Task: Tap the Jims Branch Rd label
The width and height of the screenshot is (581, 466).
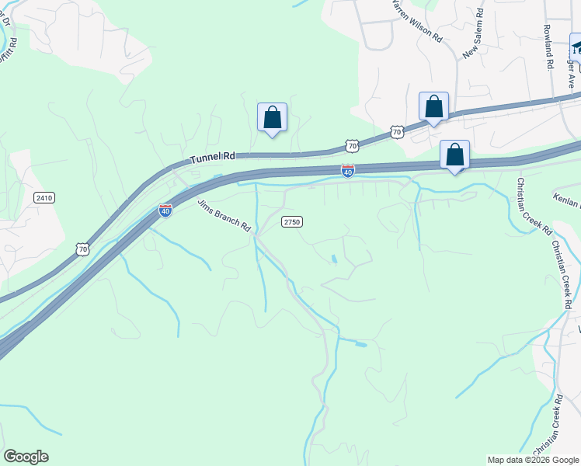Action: pyautogui.click(x=225, y=217)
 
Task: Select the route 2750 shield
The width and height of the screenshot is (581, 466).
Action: pyautogui.click(x=291, y=221)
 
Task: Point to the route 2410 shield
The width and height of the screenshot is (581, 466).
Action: pyautogui.click(x=44, y=198)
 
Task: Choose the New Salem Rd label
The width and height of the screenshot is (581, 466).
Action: pyautogui.click(x=473, y=35)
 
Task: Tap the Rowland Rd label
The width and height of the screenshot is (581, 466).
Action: pyautogui.click(x=548, y=49)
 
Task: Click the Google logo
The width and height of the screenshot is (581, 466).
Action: pyautogui.click(x=26, y=457)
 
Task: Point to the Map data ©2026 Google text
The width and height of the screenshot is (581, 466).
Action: pyautogui.click(x=533, y=460)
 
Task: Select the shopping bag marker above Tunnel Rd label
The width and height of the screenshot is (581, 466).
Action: pyautogui.click(x=272, y=118)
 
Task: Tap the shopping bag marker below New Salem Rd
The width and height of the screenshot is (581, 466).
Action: pyautogui.click(x=433, y=107)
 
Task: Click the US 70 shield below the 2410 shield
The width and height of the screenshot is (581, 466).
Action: pyautogui.click(x=83, y=249)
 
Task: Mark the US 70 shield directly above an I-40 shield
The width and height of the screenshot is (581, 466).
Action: pyautogui.click(x=352, y=145)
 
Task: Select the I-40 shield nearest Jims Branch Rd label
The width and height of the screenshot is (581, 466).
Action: pyautogui.click(x=165, y=210)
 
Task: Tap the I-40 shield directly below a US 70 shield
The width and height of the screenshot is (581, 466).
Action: pyautogui.click(x=348, y=169)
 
